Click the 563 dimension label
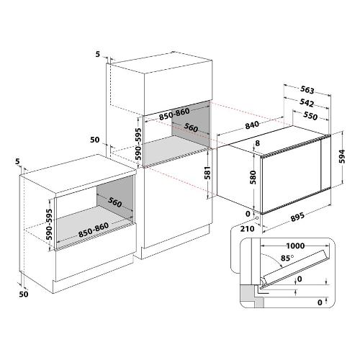click(x=307, y=90)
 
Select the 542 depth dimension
click(x=307, y=103)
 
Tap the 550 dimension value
click(x=310, y=116)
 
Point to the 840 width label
click(x=252, y=125)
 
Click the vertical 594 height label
click(x=342, y=156)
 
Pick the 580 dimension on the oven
click(x=253, y=177)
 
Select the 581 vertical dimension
click(x=207, y=173)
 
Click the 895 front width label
click(x=297, y=217)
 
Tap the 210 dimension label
click(x=247, y=229)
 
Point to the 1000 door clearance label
click(x=295, y=246)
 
